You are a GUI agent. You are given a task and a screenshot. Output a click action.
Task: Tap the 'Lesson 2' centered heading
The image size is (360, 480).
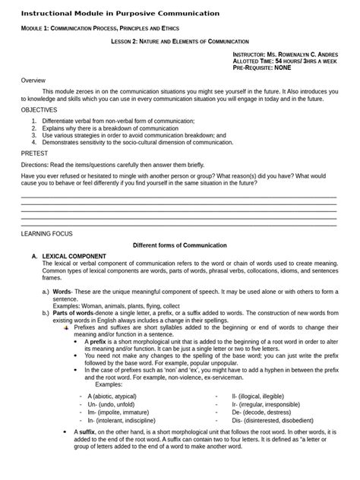180,42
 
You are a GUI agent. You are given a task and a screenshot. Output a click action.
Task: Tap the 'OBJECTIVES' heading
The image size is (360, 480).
42,109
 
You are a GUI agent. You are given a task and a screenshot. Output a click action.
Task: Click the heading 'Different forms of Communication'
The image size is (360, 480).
180,245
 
